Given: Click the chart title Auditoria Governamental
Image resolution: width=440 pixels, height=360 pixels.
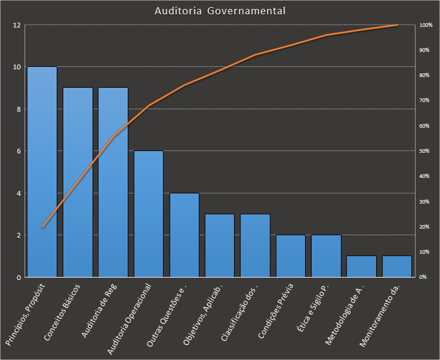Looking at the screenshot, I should click(x=220, y=11).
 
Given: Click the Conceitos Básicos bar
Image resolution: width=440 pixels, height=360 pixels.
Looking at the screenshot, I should click(x=78, y=182).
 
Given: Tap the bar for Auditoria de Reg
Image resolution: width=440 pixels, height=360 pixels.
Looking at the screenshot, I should click(x=113, y=182).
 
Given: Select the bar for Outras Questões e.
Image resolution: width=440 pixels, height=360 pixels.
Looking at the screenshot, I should click(x=184, y=235).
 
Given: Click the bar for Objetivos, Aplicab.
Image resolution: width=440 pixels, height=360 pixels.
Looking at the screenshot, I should click(x=220, y=245).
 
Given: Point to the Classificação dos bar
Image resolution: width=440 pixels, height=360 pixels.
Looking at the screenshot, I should click(x=255, y=245).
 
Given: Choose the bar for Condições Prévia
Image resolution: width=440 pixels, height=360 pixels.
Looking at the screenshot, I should click(x=291, y=256).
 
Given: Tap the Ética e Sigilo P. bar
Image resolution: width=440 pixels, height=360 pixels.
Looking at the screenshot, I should click(x=326, y=256).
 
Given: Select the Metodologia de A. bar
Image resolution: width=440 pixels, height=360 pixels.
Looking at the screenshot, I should click(x=362, y=266).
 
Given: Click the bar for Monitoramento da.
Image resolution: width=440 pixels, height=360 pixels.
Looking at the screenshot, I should click(x=397, y=266).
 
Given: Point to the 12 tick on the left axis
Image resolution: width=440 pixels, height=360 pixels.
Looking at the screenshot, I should click(x=17, y=25).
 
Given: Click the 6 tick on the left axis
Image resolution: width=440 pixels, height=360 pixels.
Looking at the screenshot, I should click(x=19, y=151).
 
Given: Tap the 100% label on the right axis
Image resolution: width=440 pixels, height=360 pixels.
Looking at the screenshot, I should click(x=426, y=25).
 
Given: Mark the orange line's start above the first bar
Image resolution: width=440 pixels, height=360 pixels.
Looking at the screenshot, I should click(x=42, y=227).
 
